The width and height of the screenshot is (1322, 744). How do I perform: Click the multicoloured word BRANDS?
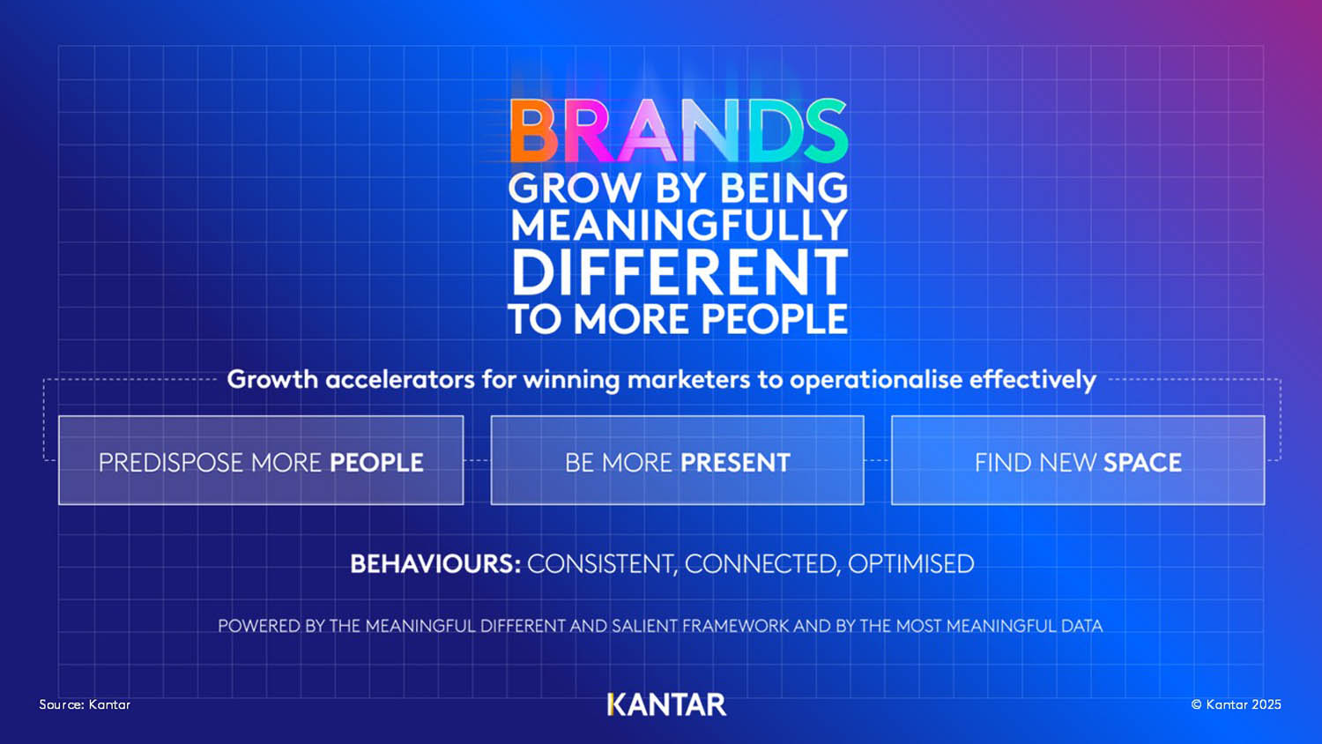[679, 130]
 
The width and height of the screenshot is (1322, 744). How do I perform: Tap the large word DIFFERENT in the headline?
[679, 272]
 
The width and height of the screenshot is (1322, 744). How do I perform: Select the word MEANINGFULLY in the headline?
[679, 225]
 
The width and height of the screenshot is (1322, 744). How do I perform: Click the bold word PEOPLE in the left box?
[376, 462]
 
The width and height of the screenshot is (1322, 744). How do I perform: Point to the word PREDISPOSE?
[171, 462]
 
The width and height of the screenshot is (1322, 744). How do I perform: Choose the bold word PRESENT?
[735, 462]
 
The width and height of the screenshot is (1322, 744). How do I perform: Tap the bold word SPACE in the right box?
[1142, 462]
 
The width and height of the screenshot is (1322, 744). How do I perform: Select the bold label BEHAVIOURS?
[435, 564]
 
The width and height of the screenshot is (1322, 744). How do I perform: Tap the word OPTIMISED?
[910, 564]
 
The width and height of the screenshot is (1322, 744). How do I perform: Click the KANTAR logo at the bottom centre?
[667, 704]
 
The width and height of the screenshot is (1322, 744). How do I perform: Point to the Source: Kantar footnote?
[85, 703]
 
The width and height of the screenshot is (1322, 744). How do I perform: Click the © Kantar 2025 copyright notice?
[1236, 703]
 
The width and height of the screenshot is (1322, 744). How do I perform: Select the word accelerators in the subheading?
[399, 379]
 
